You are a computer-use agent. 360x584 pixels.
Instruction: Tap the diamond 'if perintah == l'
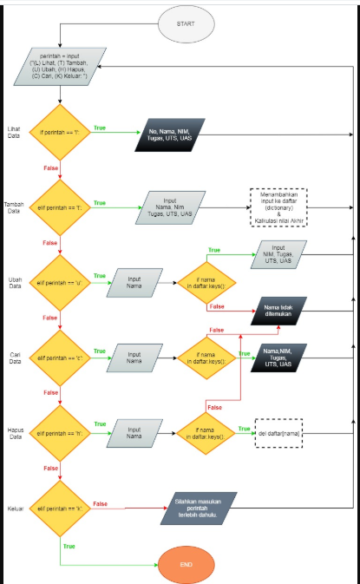(58, 135)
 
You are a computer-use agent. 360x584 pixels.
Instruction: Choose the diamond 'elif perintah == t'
(58, 208)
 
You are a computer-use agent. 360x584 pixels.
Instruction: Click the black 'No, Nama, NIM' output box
(169, 137)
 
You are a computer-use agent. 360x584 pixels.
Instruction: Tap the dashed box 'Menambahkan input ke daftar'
(280, 208)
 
